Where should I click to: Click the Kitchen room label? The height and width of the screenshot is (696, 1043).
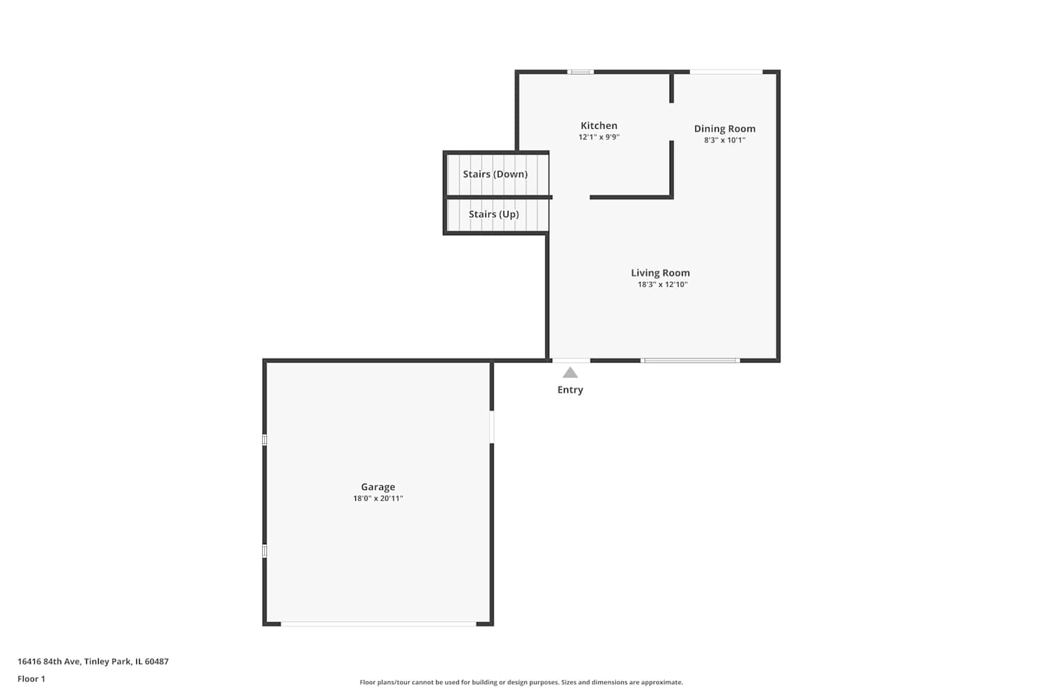(x=599, y=125)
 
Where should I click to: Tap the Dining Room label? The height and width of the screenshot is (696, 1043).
(x=725, y=129)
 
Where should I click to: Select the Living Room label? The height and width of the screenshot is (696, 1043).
(x=661, y=273)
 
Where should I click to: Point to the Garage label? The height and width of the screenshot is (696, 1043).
(x=378, y=487)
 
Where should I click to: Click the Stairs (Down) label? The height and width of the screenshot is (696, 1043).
(x=495, y=174)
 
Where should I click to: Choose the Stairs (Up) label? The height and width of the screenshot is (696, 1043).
(x=494, y=214)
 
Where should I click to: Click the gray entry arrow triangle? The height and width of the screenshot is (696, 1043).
(x=570, y=372)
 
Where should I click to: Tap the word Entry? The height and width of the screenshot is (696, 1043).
(x=570, y=390)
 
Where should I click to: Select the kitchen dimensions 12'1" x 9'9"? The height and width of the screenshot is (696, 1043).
(x=599, y=137)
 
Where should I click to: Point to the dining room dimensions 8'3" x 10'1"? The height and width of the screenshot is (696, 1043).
(x=725, y=140)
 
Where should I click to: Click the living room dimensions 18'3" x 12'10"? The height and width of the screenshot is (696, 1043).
(x=663, y=285)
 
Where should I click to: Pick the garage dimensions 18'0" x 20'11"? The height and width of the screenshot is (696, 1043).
(x=378, y=498)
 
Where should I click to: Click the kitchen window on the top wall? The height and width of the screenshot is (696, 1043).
(x=580, y=72)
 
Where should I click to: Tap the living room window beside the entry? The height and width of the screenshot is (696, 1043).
(x=690, y=361)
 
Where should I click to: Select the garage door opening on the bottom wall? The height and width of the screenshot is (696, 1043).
(x=378, y=624)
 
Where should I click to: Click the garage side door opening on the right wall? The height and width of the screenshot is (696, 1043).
(x=492, y=427)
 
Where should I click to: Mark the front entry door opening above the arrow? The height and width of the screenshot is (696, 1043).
(x=571, y=361)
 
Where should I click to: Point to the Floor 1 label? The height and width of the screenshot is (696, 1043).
(x=31, y=679)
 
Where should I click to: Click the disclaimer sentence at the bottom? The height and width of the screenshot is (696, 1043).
(x=521, y=682)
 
